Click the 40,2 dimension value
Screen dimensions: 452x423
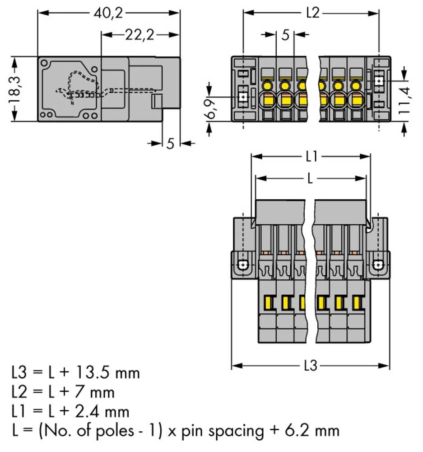pyautogui.click(x=108, y=13)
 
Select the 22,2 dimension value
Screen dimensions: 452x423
pyautogui.click(x=139, y=35)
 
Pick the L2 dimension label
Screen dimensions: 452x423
pyautogui.click(x=312, y=13)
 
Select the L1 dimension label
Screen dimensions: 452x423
pyautogui.click(x=311, y=157)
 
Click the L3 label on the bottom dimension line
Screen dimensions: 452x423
pyautogui.click(x=311, y=365)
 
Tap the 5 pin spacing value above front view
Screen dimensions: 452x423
pyautogui.click(x=285, y=35)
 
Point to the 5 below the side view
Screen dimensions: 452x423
pyautogui.click(x=170, y=143)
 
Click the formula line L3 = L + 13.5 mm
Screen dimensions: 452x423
pyautogui.click(x=75, y=373)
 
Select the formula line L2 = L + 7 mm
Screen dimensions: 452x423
pyautogui.click(x=63, y=392)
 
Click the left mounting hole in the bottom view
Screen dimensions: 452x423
pyautogui.click(x=244, y=265)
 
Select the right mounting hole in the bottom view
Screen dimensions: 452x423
pyautogui.click(x=378, y=265)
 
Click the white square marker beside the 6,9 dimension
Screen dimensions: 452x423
pyautogui.click(x=244, y=96)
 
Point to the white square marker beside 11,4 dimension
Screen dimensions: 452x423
pyautogui.click(x=379, y=81)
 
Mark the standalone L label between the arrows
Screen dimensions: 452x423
pyautogui.click(x=310, y=179)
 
